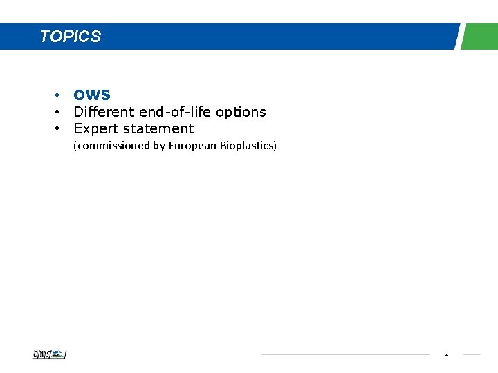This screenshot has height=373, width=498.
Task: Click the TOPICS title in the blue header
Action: (71, 37)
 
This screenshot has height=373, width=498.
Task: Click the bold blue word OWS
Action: (92, 95)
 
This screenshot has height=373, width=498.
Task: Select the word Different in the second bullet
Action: (104, 111)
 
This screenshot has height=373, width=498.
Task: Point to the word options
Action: (241, 112)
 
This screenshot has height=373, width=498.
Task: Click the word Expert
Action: (95, 128)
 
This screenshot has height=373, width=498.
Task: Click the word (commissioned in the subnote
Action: (108, 146)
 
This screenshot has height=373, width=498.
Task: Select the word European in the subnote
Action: (193, 146)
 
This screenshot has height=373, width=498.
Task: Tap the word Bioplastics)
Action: (248, 146)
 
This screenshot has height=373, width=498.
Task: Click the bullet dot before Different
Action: (60, 112)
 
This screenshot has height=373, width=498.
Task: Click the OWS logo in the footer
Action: (50, 354)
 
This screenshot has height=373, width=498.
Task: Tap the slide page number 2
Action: (447, 354)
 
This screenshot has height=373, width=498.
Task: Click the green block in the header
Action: (480, 37)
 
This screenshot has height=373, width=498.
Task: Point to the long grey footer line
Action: (345, 355)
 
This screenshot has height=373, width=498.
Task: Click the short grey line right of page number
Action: (472, 355)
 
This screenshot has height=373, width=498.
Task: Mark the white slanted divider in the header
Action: (459, 37)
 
